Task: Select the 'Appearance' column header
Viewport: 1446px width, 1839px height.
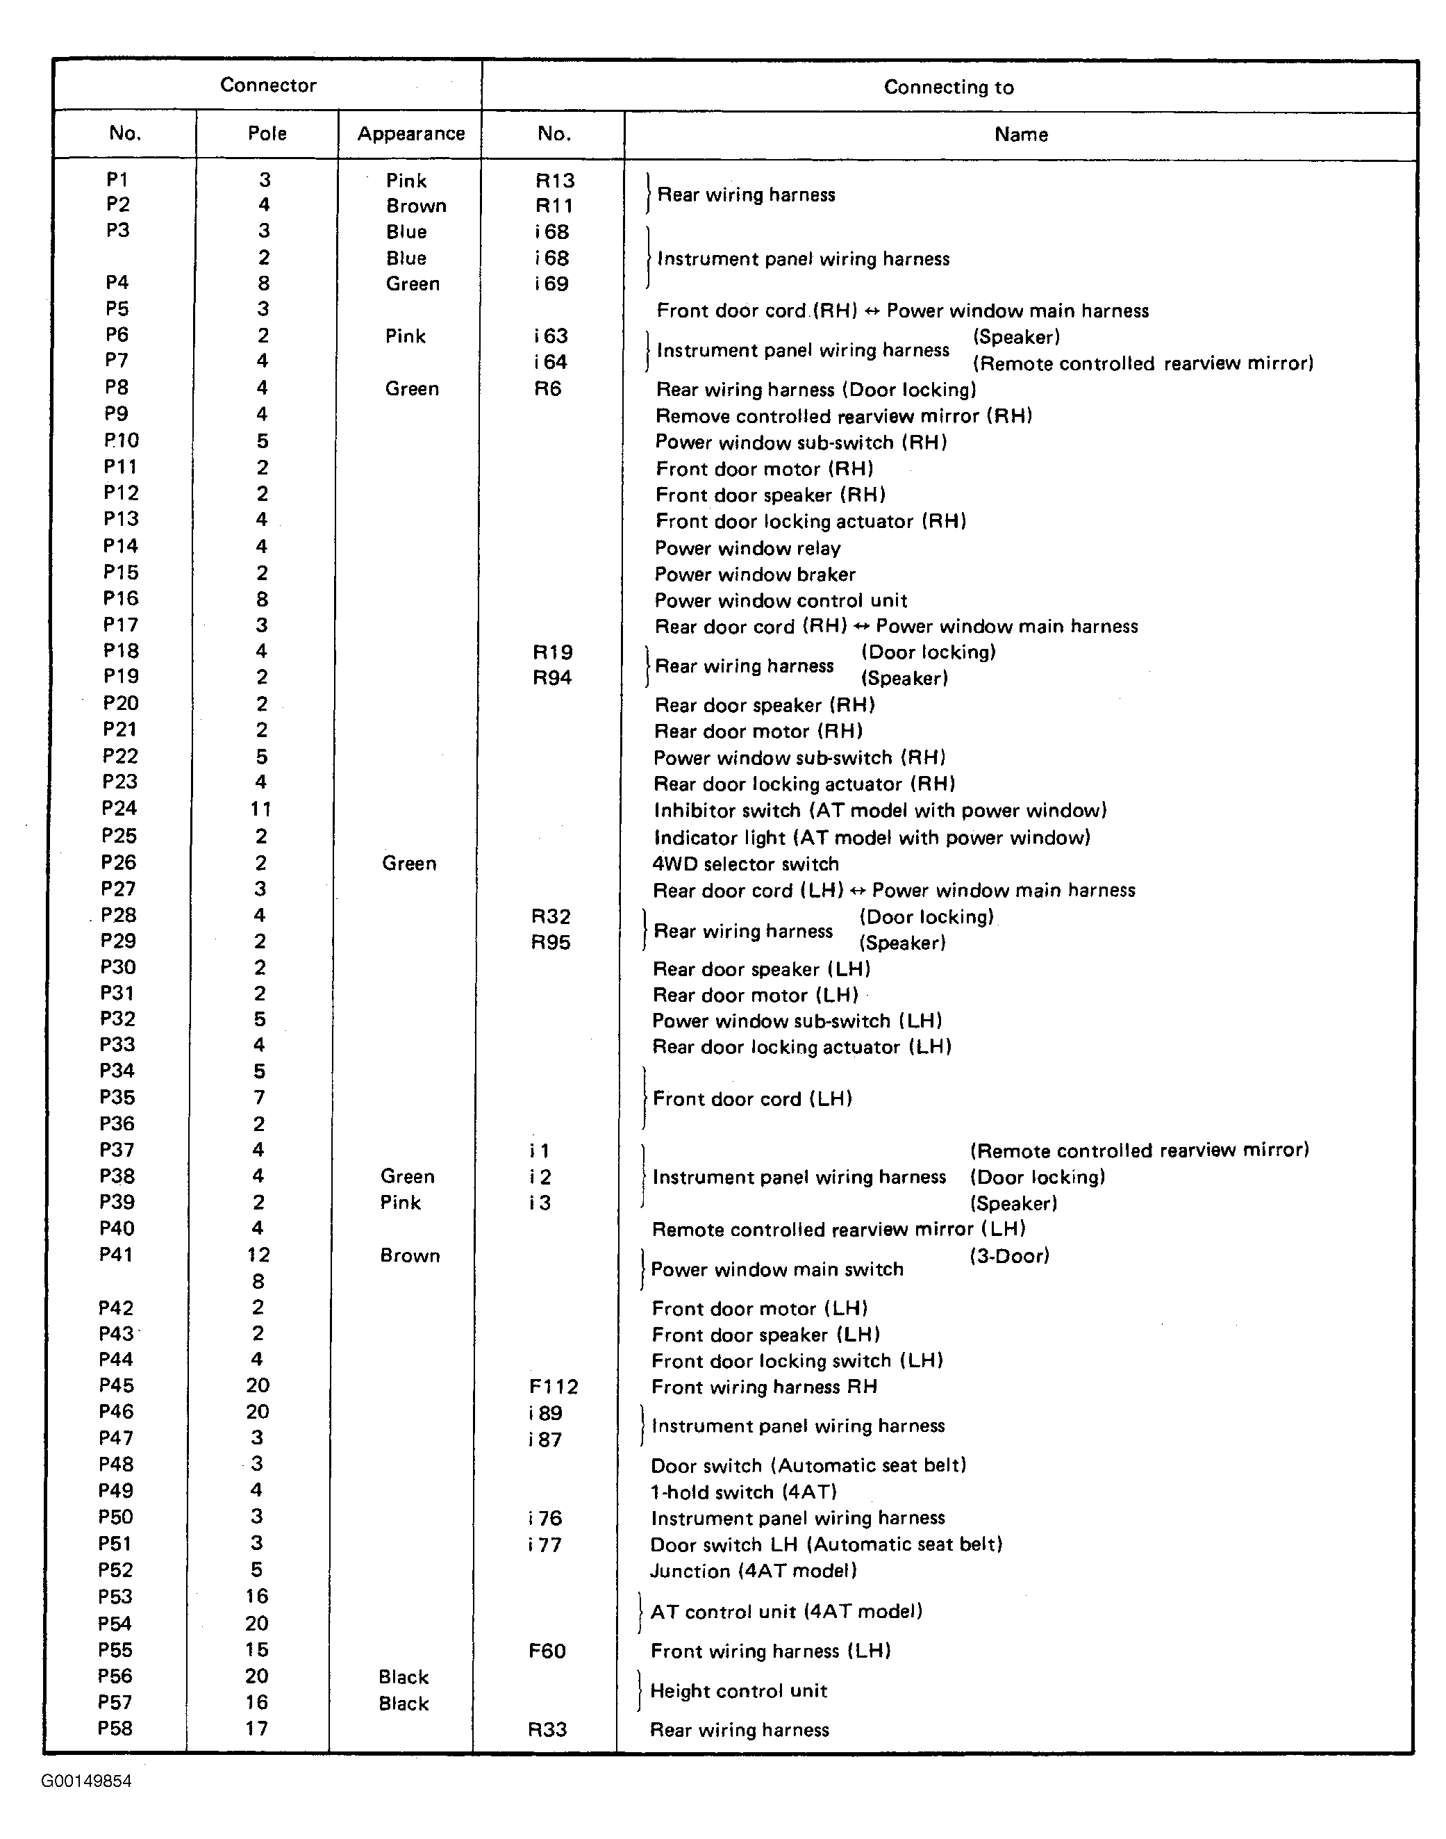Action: [410, 134]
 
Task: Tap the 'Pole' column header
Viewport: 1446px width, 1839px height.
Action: [267, 134]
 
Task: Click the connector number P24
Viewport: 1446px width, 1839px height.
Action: [119, 809]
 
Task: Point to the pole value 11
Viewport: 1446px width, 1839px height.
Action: [260, 809]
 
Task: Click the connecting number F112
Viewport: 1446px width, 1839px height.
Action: [554, 1386]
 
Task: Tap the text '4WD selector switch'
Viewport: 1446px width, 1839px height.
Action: [745, 864]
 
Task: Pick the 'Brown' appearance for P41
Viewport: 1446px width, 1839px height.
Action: [410, 1255]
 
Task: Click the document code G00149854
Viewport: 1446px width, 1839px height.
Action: [86, 1781]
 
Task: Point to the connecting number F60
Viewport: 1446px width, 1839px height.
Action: [547, 1650]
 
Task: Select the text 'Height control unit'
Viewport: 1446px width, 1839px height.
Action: [738, 1691]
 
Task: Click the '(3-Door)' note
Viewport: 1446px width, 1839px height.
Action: [1009, 1255]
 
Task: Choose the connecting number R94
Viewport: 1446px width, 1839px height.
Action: [552, 677]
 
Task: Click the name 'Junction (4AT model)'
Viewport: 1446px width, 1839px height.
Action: [754, 1571]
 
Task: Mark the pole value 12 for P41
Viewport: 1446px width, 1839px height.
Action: [258, 1255]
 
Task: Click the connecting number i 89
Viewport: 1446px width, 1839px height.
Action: [545, 1412]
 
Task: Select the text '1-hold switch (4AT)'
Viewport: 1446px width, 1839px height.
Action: [743, 1492]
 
